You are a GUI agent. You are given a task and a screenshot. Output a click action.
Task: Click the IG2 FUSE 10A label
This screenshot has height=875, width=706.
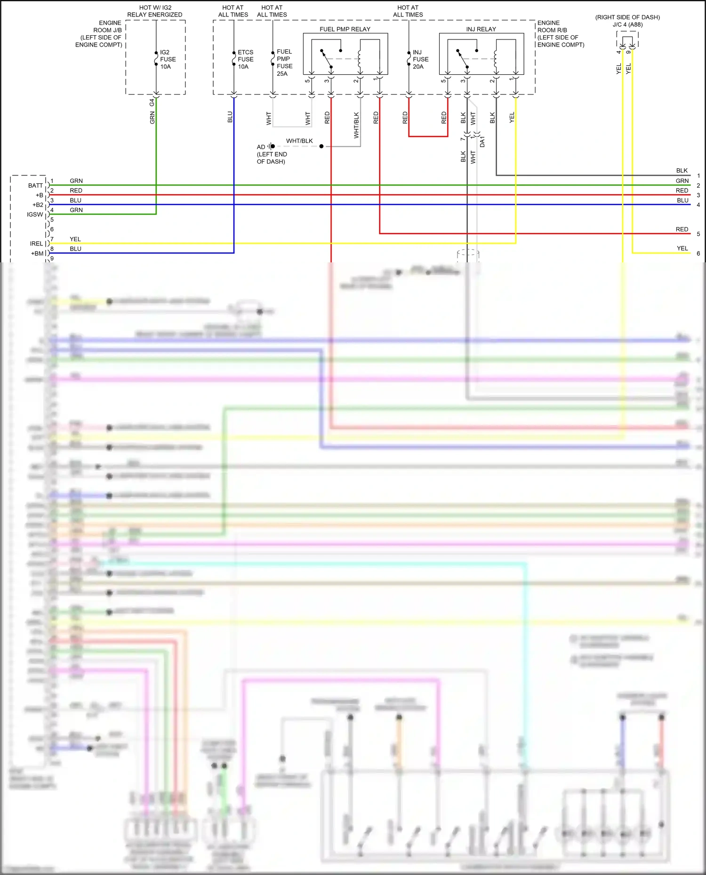(168, 59)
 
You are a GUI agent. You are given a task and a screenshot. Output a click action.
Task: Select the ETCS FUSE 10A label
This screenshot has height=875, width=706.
(245, 59)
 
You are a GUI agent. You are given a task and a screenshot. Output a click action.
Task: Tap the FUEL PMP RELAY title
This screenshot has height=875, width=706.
(345, 29)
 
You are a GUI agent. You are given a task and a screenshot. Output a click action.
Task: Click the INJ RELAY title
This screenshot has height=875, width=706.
(481, 29)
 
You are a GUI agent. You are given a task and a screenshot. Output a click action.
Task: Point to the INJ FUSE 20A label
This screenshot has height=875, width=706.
(420, 59)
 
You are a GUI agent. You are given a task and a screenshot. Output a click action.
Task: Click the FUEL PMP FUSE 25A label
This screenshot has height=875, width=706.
(284, 63)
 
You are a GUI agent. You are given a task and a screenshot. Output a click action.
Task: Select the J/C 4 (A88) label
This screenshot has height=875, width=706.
(627, 24)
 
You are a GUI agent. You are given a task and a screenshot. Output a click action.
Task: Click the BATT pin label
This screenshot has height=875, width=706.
(35, 186)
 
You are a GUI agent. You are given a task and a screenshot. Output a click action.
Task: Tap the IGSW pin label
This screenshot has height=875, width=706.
(35, 214)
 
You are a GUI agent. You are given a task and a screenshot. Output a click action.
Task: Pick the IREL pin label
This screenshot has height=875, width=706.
(36, 244)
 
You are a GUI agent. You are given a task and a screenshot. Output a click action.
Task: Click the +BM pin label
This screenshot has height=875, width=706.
(37, 253)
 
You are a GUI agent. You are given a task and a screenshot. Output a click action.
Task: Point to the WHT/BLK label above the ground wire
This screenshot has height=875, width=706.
(299, 141)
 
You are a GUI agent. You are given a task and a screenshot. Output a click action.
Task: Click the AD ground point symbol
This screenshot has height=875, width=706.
(271, 146)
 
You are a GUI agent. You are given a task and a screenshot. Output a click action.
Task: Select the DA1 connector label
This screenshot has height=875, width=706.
(482, 142)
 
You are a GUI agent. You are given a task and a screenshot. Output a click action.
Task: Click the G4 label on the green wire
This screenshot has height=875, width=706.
(152, 102)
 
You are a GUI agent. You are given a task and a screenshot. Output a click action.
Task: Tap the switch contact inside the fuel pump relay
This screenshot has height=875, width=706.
(327, 59)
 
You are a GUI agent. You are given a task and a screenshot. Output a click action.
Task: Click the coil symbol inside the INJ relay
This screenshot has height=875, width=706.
(496, 59)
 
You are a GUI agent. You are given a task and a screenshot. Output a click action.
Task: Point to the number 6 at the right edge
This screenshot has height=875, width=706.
(698, 253)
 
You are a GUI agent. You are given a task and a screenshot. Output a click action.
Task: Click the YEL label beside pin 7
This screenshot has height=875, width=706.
(75, 239)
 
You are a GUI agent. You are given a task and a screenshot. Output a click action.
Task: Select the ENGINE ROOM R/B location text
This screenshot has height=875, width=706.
(561, 34)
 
